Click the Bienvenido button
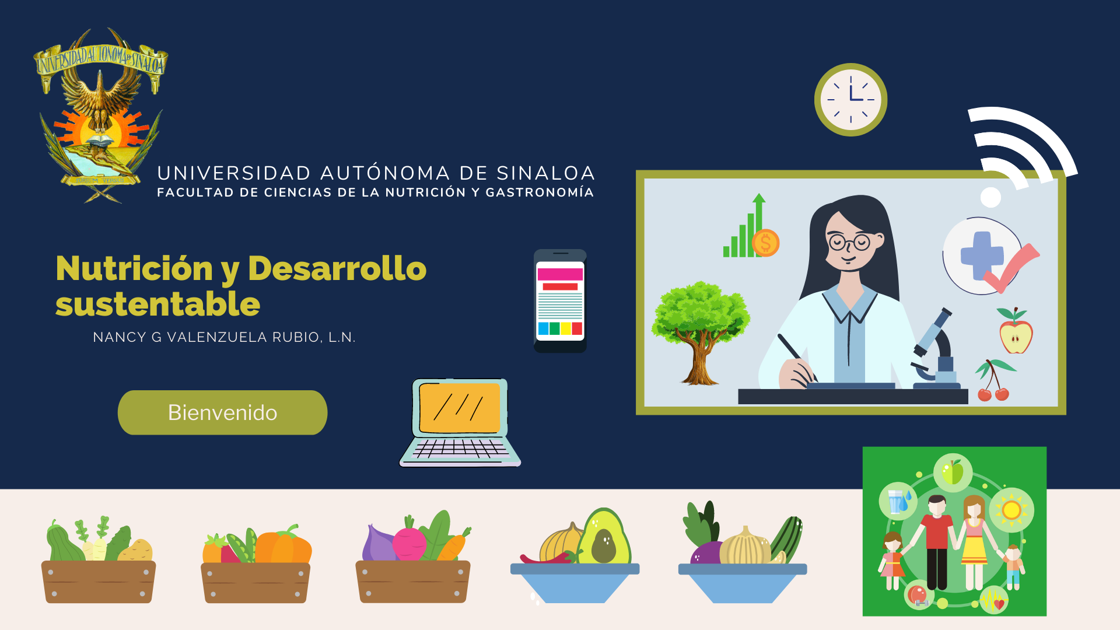[222, 412]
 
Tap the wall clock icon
[850, 100]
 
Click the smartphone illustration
[560, 301]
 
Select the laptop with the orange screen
[460, 423]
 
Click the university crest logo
[100, 116]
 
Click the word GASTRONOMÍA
[540, 192]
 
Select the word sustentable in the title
[157, 304]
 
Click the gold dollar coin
[765, 243]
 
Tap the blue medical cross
[982, 256]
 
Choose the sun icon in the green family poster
[1012, 510]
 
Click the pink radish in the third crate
[409, 542]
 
